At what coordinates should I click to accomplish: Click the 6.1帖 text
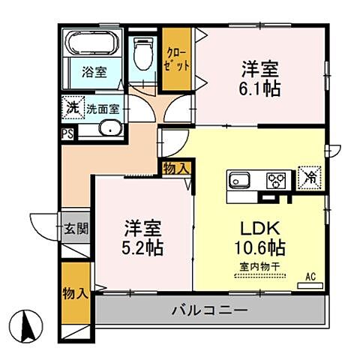[x=260, y=88]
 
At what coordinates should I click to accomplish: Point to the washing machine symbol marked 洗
[x=73, y=108]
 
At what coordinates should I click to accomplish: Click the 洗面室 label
[x=102, y=109]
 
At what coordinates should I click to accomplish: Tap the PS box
[x=67, y=134]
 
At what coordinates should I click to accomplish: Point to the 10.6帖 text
[x=257, y=247]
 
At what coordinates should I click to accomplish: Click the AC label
[x=310, y=276]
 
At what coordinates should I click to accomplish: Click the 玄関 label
[x=75, y=227]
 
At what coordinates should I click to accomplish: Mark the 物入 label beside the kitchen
[x=175, y=169]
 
